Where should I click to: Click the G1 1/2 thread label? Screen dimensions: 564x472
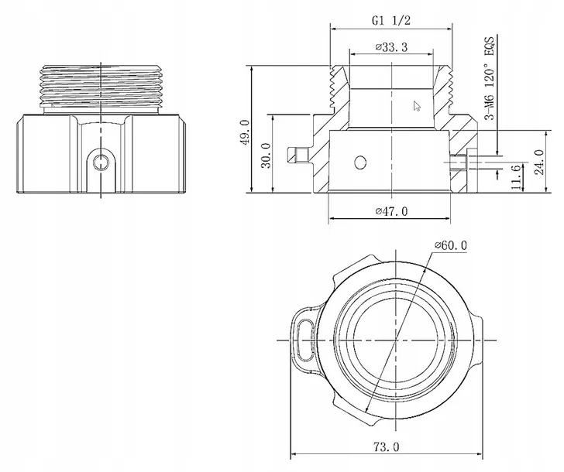point(391,20)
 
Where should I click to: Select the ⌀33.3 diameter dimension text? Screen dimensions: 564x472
point(391,47)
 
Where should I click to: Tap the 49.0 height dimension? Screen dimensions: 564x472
point(245,132)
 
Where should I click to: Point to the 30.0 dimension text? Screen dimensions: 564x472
point(267,156)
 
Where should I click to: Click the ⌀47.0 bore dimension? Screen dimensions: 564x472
point(392,211)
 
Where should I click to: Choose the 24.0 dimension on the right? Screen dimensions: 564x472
point(539,162)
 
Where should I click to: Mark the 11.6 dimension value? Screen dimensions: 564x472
point(515,177)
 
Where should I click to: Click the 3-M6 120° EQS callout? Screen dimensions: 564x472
point(490,77)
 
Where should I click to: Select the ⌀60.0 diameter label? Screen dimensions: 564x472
point(451,246)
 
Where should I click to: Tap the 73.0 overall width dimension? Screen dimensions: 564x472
point(387,447)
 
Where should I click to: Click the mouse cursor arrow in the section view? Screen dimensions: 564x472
point(417,106)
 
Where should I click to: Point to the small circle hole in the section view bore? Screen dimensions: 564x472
point(360,162)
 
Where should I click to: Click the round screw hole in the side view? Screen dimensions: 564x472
point(101,162)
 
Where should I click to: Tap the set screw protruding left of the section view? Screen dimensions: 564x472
point(298,155)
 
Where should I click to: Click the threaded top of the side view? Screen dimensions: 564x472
point(101,86)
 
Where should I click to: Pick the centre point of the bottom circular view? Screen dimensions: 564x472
point(396,340)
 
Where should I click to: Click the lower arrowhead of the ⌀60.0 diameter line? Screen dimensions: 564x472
point(367,409)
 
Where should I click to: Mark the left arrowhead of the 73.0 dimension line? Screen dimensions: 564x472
point(294,454)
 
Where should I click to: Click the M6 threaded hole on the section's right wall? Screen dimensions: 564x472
point(458,162)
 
